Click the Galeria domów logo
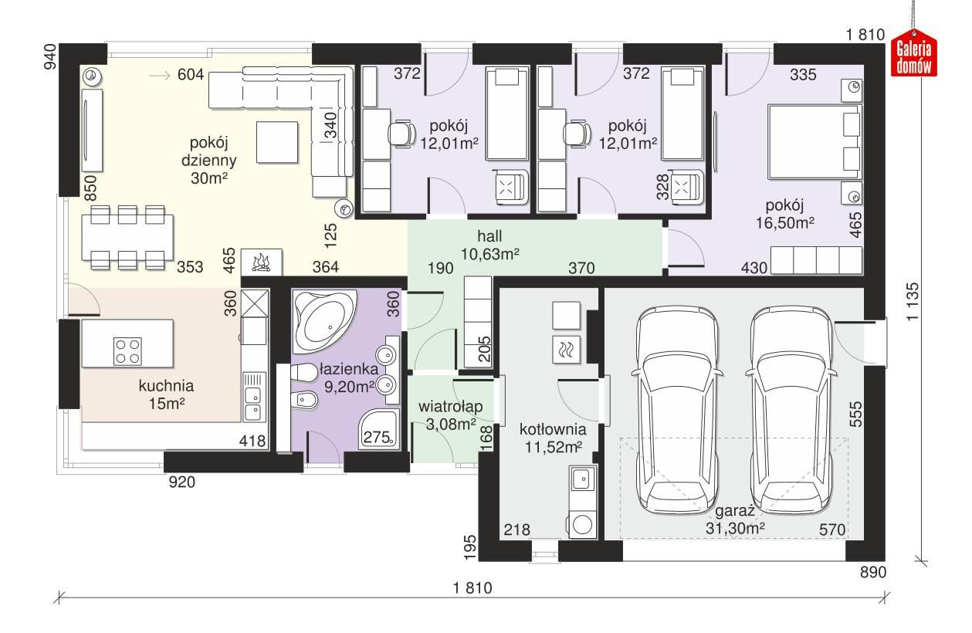(914, 56)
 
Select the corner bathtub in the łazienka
(323, 320)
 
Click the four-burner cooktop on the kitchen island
(127, 351)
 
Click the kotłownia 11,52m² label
(552, 437)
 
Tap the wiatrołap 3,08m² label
(450, 415)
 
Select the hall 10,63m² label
(489, 245)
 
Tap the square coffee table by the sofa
(277, 143)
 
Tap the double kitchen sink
(253, 405)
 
